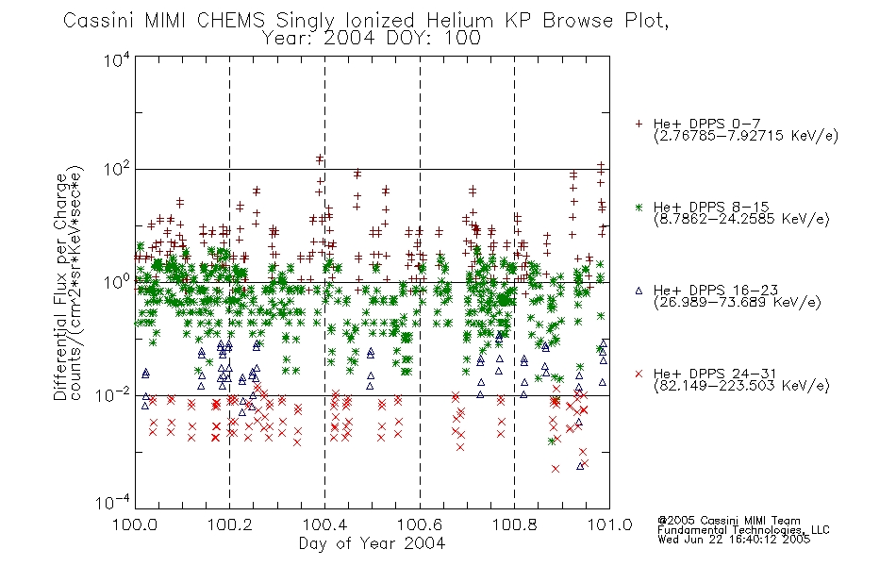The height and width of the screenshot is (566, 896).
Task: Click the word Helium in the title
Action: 459,21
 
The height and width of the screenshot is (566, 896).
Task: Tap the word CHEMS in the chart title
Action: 231,21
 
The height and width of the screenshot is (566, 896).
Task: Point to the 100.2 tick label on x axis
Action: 230,524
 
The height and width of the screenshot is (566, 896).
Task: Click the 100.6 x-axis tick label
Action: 420,524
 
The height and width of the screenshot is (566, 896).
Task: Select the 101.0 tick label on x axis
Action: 609,524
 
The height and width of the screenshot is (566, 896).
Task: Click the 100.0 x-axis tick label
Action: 136,524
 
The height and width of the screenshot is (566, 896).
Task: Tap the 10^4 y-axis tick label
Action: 117,59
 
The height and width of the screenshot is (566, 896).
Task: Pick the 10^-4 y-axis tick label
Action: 113,503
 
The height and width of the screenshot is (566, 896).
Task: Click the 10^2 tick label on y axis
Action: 117,170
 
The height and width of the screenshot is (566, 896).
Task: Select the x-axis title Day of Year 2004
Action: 372,543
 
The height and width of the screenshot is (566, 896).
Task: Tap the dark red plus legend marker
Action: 639,124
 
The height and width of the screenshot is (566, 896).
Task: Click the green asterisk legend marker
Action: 639,207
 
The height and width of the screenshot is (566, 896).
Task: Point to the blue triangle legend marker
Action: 639,291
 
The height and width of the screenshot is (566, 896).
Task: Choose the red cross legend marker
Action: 639,374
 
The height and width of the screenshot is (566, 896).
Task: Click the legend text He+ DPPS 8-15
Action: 711,207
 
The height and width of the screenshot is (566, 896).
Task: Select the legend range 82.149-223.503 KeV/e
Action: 741,386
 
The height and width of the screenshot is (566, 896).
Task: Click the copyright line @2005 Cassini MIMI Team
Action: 729,521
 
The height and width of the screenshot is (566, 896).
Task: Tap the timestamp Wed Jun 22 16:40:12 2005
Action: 734,540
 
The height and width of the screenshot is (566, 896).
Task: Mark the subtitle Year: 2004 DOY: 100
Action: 372,39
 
